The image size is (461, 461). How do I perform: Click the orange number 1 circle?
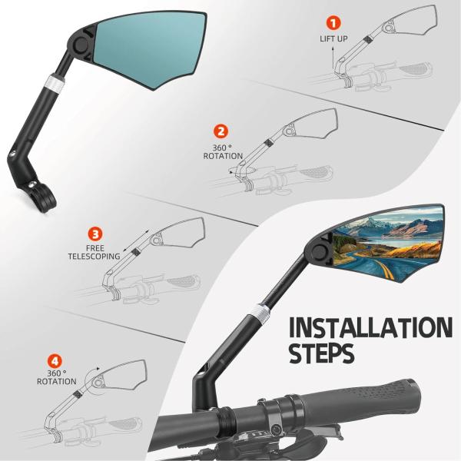coord(333,23)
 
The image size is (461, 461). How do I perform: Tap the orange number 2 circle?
coord(221,131)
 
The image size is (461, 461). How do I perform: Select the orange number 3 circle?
coord(95,234)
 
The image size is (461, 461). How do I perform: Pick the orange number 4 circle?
coord(55,361)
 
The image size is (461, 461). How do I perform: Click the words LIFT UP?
coord(333,38)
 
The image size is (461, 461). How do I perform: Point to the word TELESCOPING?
coord(94,257)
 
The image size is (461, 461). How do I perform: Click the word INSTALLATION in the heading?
coord(370,327)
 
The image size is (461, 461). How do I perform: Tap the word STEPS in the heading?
coord(322,353)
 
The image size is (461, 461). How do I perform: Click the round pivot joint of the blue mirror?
coord(81,44)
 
